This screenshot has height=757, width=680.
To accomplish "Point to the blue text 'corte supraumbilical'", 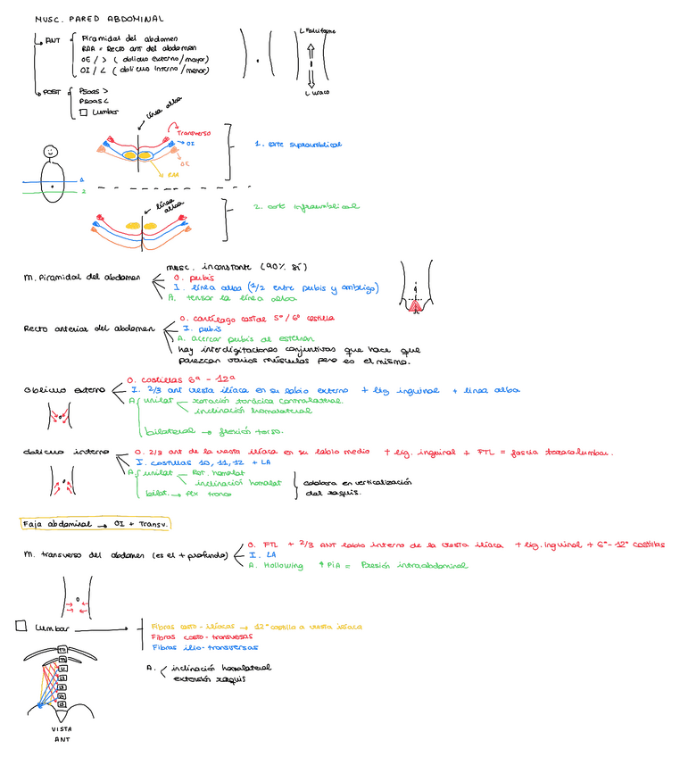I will click(x=297, y=144).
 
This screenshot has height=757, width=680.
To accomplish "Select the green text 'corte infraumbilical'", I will click(x=305, y=206).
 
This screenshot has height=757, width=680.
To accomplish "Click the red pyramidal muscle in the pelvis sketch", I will click(x=415, y=306).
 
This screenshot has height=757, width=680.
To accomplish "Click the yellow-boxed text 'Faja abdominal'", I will click(x=56, y=524).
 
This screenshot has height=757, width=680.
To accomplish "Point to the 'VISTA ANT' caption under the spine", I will click(x=62, y=734).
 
